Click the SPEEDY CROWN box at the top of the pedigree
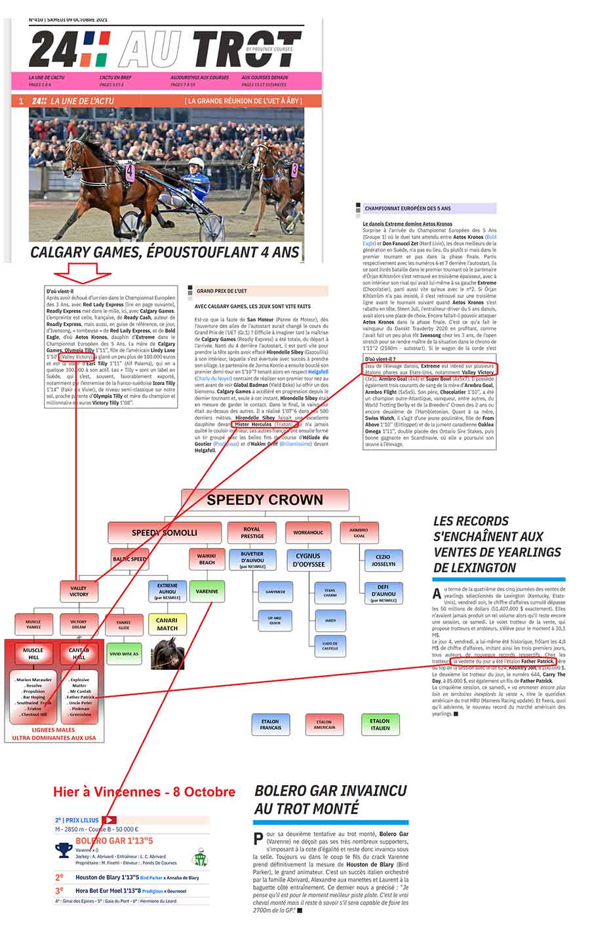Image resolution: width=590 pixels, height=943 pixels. [x=265, y=500]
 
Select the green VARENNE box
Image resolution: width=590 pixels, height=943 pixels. [x=207, y=591]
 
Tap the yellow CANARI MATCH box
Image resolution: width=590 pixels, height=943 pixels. [x=167, y=624]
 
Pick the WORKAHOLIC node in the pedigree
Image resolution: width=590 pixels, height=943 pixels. [x=308, y=532]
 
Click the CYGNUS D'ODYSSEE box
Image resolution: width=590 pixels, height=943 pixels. [x=308, y=560]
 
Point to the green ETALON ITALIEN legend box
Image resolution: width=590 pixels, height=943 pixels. [x=380, y=724]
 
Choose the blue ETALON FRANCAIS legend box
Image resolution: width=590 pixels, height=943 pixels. [x=270, y=724]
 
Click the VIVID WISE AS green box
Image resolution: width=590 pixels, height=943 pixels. [x=124, y=654]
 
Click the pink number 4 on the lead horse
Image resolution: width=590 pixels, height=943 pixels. [x=130, y=173]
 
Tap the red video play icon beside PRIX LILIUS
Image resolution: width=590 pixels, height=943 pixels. [x=109, y=819]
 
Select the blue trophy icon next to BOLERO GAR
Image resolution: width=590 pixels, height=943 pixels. [x=64, y=850]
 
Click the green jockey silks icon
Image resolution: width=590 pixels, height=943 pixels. [x=199, y=857]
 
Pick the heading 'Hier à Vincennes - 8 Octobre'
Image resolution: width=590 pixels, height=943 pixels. [x=144, y=792]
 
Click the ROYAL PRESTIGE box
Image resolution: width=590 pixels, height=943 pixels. [x=252, y=532]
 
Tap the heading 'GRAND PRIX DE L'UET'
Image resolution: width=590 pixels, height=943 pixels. [x=222, y=289]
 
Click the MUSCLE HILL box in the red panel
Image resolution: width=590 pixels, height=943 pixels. [x=33, y=654]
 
